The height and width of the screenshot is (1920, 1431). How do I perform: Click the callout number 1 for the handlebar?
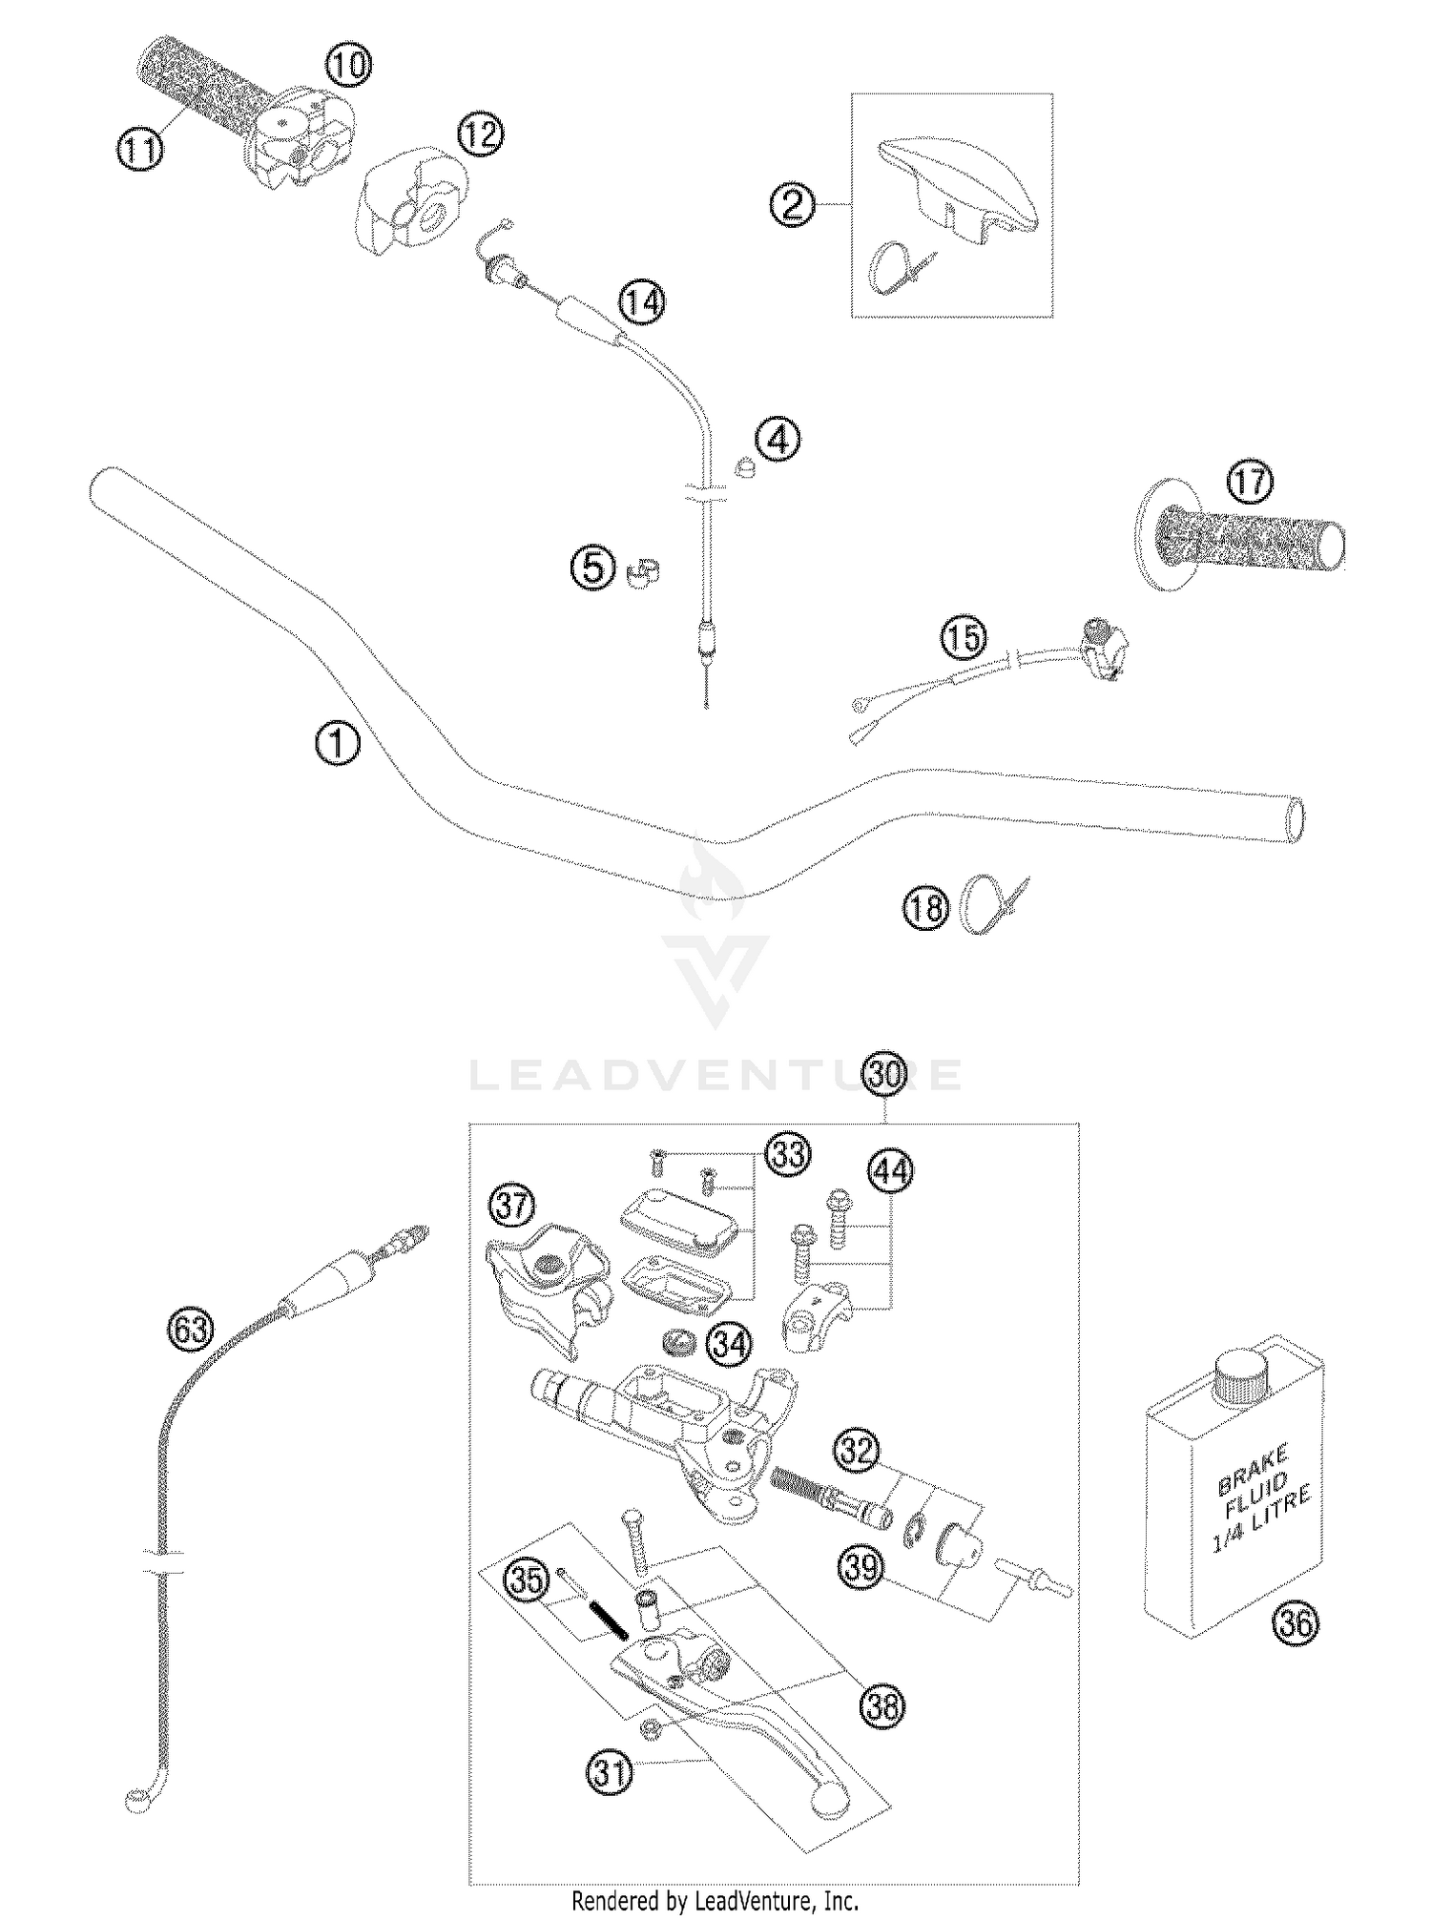tap(337, 743)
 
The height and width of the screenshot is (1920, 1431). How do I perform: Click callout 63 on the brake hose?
tap(191, 1329)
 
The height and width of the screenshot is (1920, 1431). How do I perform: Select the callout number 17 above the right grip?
tap(1250, 484)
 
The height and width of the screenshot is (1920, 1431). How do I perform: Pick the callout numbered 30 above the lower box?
tap(885, 1074)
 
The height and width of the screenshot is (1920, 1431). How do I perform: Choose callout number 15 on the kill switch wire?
tap(964, 637)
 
